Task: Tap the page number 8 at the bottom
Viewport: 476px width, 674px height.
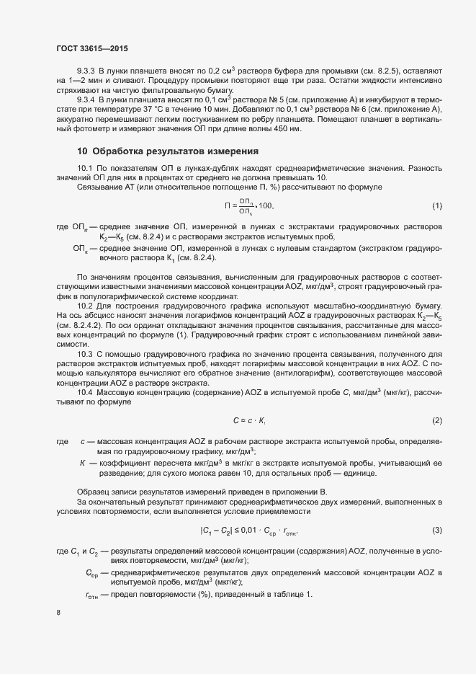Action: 58,613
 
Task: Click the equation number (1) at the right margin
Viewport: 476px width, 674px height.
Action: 436,206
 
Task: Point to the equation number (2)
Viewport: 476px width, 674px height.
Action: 436,420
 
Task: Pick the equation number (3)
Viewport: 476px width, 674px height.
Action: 436,531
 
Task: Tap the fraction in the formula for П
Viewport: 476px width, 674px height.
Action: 246,206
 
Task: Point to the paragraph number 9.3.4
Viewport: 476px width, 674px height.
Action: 86,100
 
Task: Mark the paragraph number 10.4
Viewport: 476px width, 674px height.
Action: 86,391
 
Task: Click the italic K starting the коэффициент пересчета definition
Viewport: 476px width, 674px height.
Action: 83,461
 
